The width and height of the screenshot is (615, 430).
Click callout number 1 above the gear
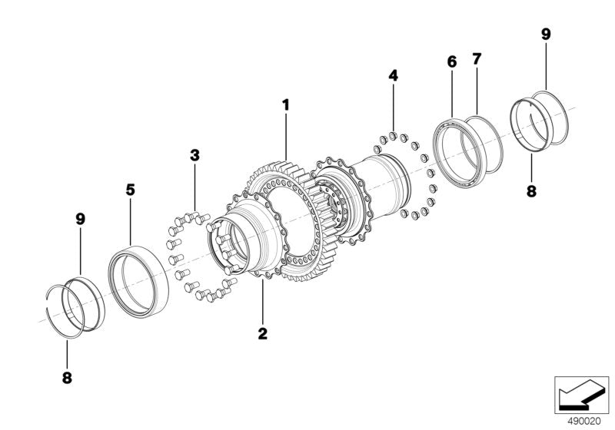click(x=285, y=105)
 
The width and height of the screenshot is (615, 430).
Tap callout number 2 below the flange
click(x=262, y=334)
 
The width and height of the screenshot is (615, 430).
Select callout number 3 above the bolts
click(x=194, y=155)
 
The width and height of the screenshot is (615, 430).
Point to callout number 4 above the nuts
click(x=393, y=75)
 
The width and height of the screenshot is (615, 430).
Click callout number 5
click(x=130, y=190)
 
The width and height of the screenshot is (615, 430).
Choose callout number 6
click(x=452, y=62)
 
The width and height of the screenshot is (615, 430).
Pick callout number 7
click(x=476, y=59)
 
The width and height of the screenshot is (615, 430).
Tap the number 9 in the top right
click(x=546, y=34)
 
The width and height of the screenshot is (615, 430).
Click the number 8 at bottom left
click(x=67, y=378)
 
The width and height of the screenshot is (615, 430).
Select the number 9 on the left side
click(x=81, y=220)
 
